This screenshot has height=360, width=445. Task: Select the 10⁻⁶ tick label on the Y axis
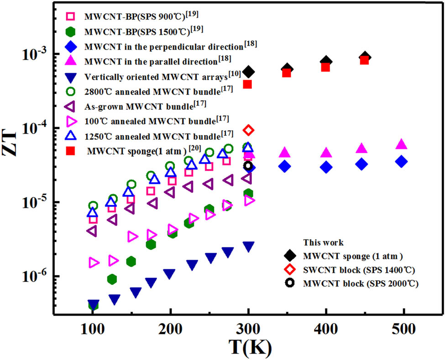click(x=34, y=277)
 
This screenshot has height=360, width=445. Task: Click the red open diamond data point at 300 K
click(x=248, y=130)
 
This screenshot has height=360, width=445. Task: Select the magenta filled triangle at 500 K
click(x=401, y=144)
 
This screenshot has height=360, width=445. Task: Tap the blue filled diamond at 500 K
click(x=401, y=162)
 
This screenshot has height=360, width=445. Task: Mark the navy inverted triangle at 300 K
click(x=248, y=247)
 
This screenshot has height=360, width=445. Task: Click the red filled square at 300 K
click(x=248, y=84)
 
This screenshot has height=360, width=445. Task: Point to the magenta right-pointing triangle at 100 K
click(x=94, y=262)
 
